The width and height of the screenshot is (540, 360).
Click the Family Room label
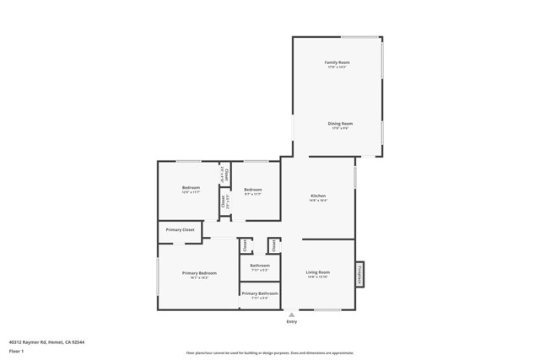pos(337,62)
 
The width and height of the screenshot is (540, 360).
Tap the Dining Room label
pos(340,124)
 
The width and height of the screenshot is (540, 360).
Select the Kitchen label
pos(317,196)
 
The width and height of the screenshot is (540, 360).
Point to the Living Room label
pos(317,272)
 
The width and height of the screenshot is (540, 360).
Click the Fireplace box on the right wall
pos(360,273)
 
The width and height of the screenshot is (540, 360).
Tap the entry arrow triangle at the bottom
pos(292,314)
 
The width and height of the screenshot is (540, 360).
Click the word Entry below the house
pos(292,321)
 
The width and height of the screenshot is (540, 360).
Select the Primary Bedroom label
pos(199,272)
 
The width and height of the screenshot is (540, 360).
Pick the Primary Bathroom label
pos(260,293)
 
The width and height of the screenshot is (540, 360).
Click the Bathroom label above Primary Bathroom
pos(260,266)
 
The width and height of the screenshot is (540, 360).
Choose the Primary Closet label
pos(180,229)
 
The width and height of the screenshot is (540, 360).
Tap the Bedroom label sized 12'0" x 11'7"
pos(191,187)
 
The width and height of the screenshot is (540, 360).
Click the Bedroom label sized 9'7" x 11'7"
pos(253,190)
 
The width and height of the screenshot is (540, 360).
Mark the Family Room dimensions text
pos(337,67)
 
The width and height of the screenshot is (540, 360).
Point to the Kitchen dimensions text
pos(317,201)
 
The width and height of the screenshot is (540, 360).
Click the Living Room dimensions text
pos(317,277)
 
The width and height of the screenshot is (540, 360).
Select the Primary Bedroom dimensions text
pos(199,277)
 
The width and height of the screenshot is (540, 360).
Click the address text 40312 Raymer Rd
pos(46,342)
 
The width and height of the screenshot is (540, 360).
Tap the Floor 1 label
pos(16,351)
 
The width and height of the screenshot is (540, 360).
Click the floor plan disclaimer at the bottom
pos(270,353)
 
